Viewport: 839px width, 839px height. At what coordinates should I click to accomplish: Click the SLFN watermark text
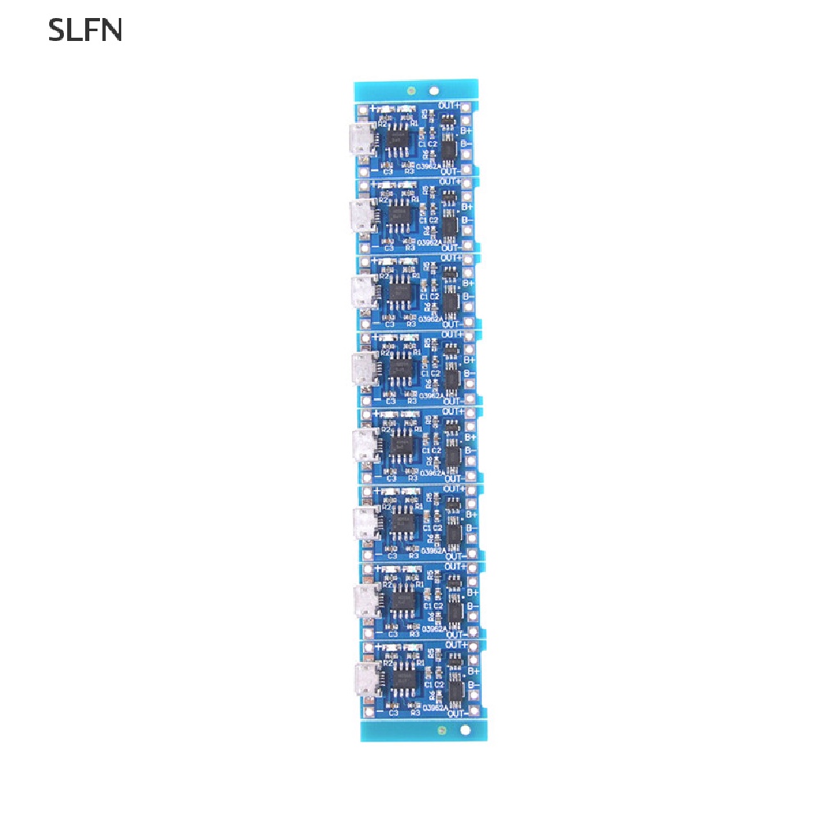[85, 30]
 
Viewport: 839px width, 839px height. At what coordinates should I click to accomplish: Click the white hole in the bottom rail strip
[465, 729]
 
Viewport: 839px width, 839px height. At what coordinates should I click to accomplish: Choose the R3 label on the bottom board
[415, 713]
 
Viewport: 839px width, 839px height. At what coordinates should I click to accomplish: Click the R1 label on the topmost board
[415, 123]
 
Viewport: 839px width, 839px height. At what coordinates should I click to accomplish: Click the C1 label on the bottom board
[428, 683]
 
